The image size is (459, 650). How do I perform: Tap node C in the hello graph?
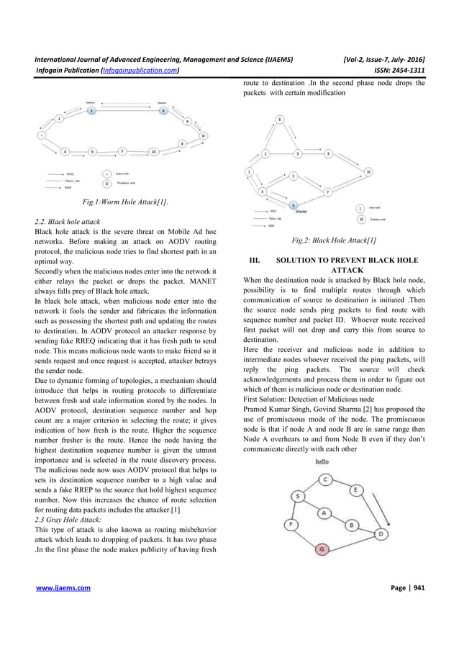click(x=326, y=479)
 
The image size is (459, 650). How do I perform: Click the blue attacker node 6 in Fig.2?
click(x=294, y=205)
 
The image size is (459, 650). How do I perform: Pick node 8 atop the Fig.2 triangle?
click(x=280, y=119)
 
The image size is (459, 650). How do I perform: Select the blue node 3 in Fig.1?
click(x=91, y=111)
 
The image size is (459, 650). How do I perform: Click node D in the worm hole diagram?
click(x=203, y=135)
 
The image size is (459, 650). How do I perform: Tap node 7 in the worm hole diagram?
click(x=123, y=151)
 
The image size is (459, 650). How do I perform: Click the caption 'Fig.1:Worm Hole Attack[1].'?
click(x=125, y=203)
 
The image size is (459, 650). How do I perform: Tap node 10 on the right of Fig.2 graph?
click(x=369, y=171)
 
